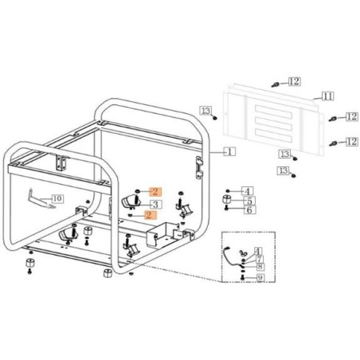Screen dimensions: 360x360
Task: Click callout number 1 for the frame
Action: coord(230,150)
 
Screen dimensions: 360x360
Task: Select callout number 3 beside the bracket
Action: coord(156,204)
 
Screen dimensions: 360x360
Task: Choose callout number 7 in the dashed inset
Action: coord(260,259)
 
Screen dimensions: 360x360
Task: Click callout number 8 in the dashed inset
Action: coord(260,267)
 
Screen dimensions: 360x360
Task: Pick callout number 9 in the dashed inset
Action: coord(260,277)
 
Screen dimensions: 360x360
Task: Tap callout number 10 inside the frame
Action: coord(57,198)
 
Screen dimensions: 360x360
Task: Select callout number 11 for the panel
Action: coord(327,96)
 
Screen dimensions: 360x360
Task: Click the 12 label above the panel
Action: coord(295,81)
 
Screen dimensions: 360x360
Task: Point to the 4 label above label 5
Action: coord(248,191)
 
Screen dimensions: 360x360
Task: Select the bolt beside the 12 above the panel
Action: coord(275,82)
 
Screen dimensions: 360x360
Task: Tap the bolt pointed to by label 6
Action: coord(228,209)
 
